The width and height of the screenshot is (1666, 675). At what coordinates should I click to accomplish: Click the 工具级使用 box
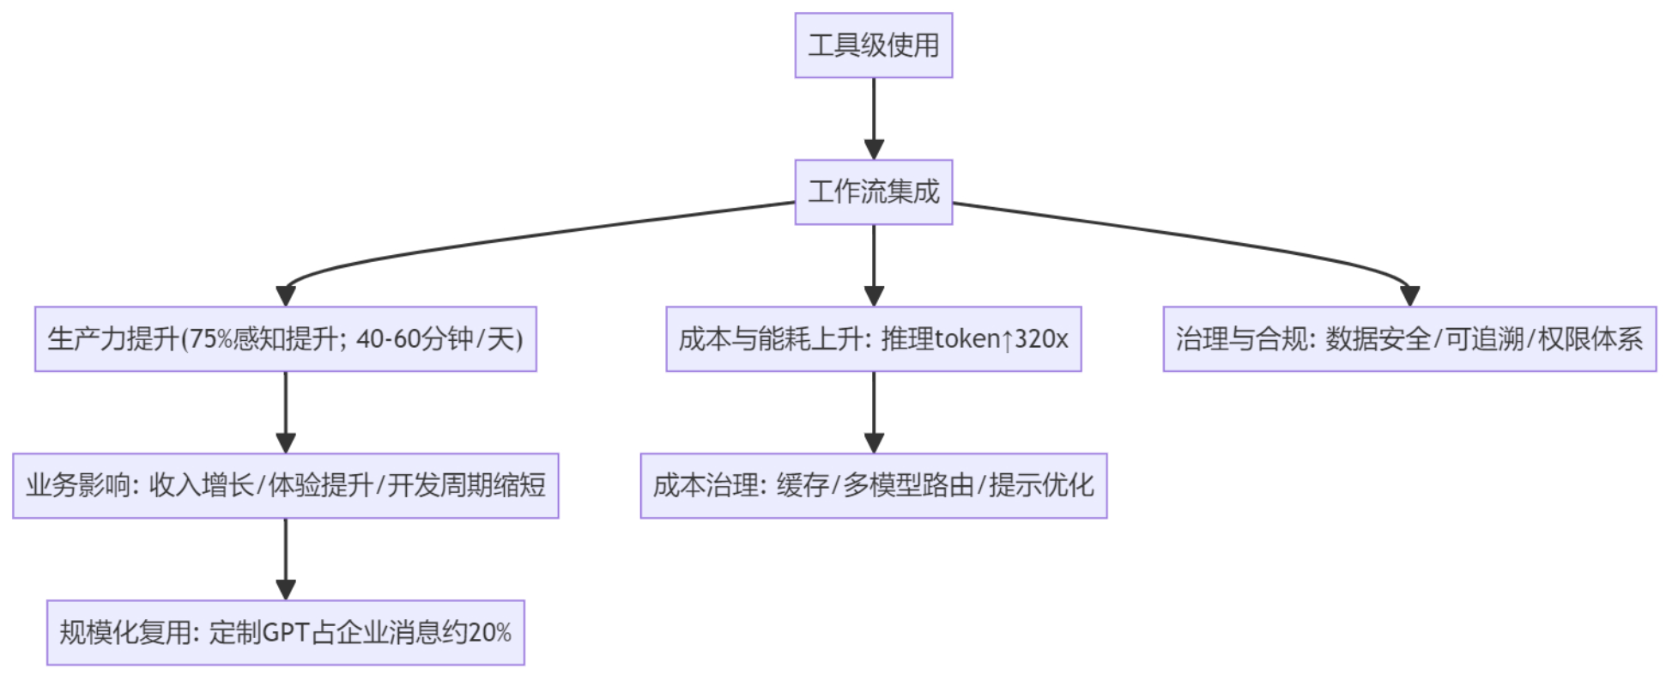click(x=873, y=46)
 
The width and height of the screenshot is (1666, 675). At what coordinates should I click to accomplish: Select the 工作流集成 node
click(x=873, y=192)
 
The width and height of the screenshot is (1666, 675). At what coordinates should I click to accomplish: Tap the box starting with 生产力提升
click(x=285, y=339)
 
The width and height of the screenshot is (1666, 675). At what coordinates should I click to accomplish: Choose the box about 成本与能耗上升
click(x=873, y=339)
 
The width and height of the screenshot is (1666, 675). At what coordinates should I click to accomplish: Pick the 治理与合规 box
click(x=1409, y=339)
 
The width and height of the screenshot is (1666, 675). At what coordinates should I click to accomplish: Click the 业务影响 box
click(x=285, y=486)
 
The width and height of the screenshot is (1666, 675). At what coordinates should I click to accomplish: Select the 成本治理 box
click(x=873, y=486)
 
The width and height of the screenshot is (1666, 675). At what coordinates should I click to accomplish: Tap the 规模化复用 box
click(x=285, y=633)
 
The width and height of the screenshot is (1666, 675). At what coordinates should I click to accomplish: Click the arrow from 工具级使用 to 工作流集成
click(x=874, y=119)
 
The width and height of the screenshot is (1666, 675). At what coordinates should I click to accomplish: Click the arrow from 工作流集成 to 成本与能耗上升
click(x=874, y=265)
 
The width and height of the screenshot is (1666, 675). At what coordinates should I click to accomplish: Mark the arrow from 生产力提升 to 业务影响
click(x=286, y=412)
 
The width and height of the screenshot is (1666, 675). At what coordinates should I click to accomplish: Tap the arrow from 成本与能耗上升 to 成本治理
click(x=874, y=412)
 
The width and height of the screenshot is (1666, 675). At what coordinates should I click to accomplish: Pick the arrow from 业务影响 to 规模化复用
click(x=286, y=559)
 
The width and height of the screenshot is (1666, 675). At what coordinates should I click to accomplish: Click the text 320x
click(x=1041, y=339)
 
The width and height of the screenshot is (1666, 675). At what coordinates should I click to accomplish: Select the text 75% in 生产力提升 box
click(x=210, y=339)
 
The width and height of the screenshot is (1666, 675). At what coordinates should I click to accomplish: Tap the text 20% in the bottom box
click(x=490, y=633)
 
